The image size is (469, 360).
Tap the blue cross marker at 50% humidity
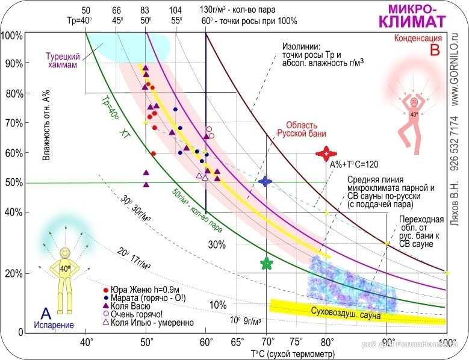click(x=266, y=181)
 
